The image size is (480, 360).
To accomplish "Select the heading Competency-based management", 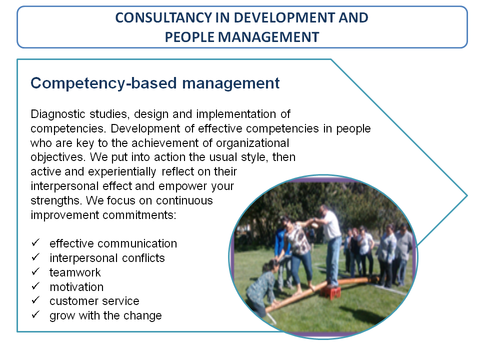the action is pos(155,83).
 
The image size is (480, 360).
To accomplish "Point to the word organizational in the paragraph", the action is pos(252,143).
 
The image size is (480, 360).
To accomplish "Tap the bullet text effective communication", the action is pos(113,243).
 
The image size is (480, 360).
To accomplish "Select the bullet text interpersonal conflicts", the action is pos(107,258).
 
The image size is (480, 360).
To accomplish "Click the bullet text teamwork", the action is pos(75,272).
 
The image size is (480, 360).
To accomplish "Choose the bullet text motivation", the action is pos(76,287).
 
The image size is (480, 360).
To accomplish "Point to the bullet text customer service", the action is pos(94,301).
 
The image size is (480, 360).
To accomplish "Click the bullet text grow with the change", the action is pos(105,316).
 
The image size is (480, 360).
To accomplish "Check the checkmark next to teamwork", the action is pos(35,271).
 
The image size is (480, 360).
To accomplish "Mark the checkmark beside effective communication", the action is pos(35,242).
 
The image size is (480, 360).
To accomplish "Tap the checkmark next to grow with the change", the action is pos(35,314).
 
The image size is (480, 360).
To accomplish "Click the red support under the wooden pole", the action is pos(330,292).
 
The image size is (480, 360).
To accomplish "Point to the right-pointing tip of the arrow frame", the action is pos(467,195).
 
